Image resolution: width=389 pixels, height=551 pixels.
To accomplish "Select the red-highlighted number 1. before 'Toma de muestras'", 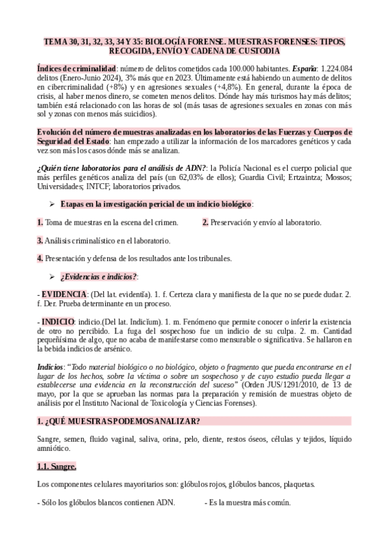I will pyautogui.click(x=40, y=222).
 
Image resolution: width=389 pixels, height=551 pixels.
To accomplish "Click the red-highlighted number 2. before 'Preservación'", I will pyautogui.click(x=205, y=222).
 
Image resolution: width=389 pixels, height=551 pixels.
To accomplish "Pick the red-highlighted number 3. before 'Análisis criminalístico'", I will pyautogui.click(x=40, y=240).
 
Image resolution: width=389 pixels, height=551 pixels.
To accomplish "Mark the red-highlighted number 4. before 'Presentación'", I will pyautogui.click(x=40, y=259).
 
